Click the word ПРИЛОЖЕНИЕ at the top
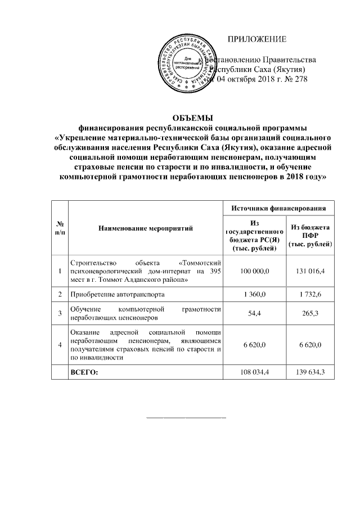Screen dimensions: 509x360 (x=256, y=39)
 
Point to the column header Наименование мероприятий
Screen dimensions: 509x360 (x=145, y=229)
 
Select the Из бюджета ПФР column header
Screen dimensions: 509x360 (x=310, y=236)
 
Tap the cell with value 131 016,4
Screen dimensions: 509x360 (x=310, y=271)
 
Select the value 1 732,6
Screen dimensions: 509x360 (x=310, y=294)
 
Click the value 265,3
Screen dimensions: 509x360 (x=310, y=313)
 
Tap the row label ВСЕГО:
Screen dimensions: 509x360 (x=83, y=372)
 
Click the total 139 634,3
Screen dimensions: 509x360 (x=310, y=372)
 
